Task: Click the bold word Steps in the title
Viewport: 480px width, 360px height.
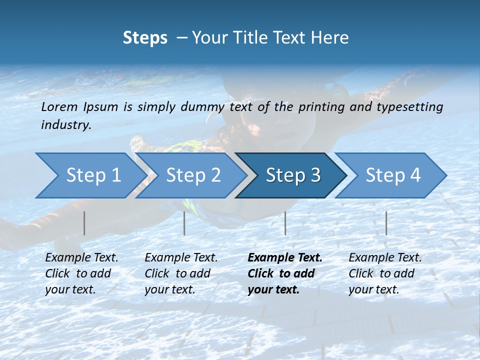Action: (145, 38)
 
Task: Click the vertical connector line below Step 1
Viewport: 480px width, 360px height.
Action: (84, 223)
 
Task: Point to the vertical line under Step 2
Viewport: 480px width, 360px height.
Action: (184, 223)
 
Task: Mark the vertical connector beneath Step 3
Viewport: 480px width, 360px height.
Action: (285, 223)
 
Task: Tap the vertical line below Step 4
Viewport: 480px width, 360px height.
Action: (386, 223)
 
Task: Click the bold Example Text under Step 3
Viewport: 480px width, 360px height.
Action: (285, 258)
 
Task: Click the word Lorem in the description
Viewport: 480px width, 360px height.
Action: (59, 107)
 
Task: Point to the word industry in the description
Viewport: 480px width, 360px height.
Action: (65, 125)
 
